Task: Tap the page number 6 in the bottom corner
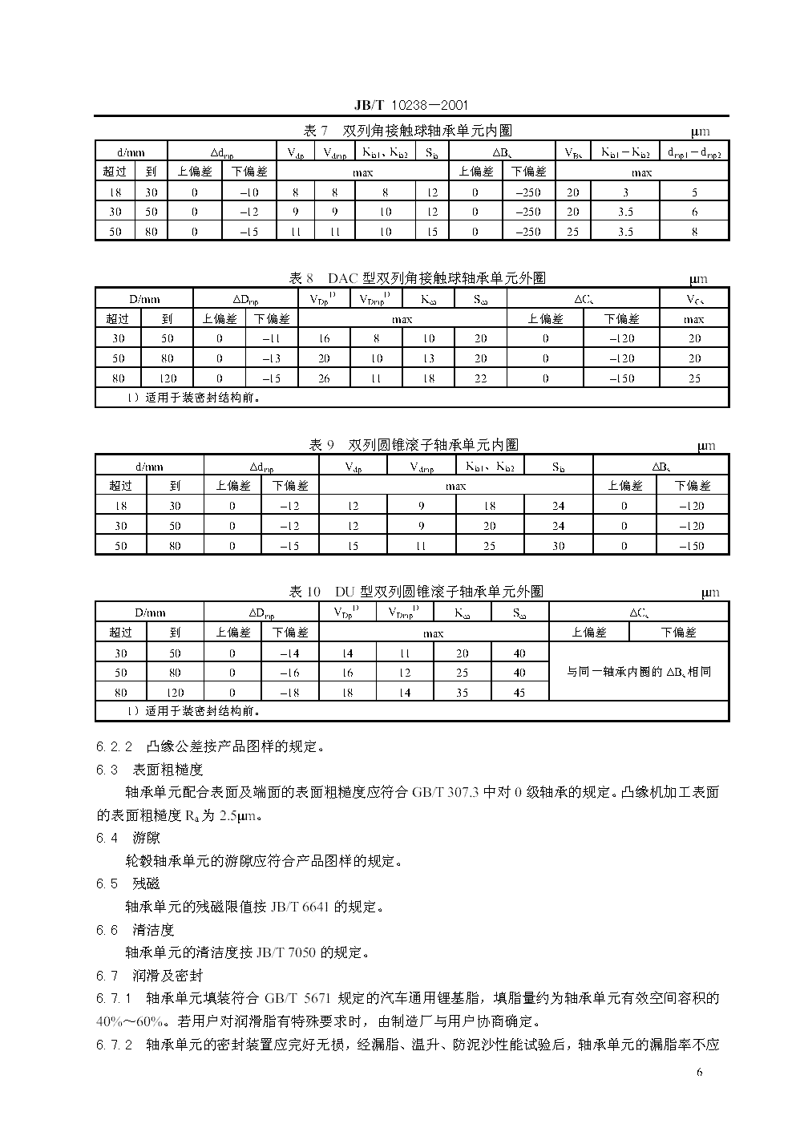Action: coord(699,1073)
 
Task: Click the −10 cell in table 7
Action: coord(249,192)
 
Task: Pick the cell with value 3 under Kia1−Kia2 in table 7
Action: coord(625,192)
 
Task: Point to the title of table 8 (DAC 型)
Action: coord(417,278)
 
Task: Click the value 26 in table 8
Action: coord(324,378)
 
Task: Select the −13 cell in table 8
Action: coord(272,358)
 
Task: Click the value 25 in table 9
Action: coord(490,546)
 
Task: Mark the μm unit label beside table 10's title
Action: coord(710,592)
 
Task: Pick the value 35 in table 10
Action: coord(463,693)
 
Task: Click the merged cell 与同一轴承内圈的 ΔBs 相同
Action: coord(639,673)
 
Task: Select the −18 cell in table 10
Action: coord(289,693)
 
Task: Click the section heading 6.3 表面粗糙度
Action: coord(150,770)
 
